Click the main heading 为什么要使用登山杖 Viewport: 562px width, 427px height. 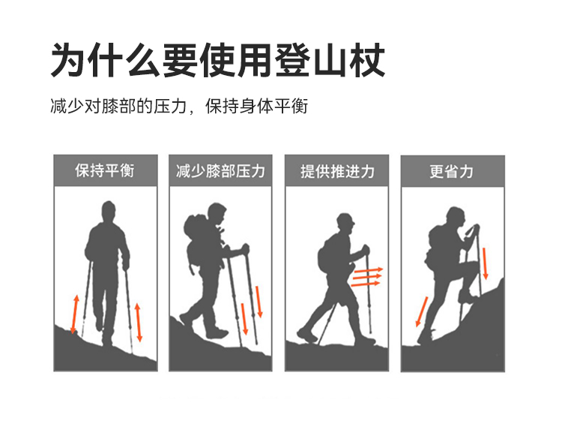click(218, 60)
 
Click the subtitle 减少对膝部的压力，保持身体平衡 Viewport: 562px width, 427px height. click(179, 107)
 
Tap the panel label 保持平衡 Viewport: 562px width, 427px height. click(105, 170)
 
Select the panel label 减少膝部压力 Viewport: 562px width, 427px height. click(220, 171)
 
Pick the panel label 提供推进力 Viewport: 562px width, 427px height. click(337, 172)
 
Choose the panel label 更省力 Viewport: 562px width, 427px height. click(452, 172)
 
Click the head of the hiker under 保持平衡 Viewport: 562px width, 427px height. click(108, 212)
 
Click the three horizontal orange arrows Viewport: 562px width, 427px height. click(366, 277)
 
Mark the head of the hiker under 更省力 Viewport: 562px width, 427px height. click(456, 218)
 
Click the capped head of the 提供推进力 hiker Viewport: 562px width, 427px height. click(345, 223)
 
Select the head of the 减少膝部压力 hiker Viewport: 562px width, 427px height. click(217, 214)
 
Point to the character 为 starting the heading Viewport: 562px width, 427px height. click(68, 60)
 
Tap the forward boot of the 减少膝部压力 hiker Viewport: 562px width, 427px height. click(217, 333)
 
